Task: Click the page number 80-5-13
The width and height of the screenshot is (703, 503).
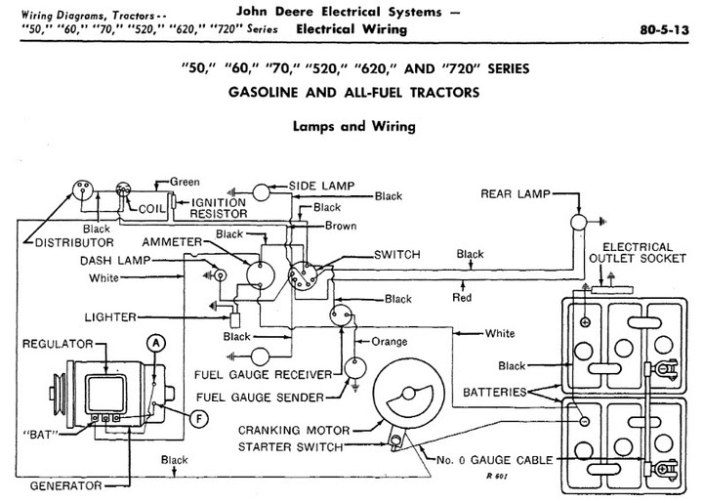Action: (x=667, y=29)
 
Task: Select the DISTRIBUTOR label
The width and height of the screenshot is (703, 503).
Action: (x=74, y=241)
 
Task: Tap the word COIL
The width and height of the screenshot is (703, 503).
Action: (x=150, y=208)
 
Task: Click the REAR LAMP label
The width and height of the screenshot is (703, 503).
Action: (x=515, y=193)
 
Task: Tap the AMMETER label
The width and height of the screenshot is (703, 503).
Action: (x=172, y=241)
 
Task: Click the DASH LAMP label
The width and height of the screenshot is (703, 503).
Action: (x=119, y=261)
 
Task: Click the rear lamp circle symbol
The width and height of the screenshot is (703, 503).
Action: (x=577, y=222)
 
